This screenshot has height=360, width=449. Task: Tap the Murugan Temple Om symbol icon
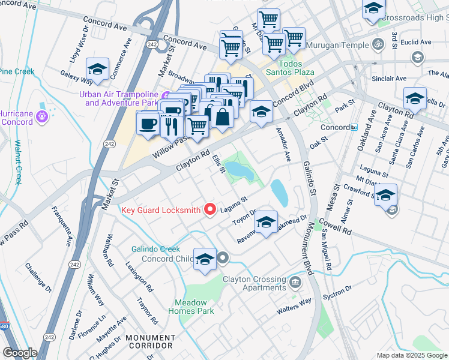pos(379,44)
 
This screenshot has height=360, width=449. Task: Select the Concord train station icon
pos(354,127)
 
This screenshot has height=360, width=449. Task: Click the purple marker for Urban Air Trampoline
pos(166,96)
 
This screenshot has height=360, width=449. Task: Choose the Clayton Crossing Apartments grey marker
pos(295,282)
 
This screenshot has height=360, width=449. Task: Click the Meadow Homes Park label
pos(194,307)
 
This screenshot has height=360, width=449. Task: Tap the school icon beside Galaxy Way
pos(97,68)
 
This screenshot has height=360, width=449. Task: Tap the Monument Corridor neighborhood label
pos(149,342)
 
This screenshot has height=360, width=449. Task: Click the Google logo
pos(20,353)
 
